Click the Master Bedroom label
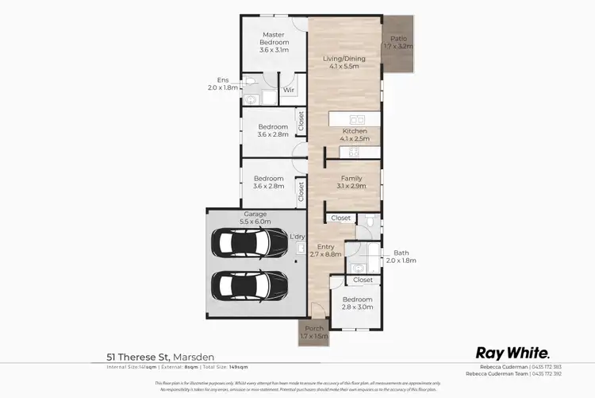(274, 42)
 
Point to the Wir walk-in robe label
(289, 91)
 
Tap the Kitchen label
(354, 135)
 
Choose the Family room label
(352, 183)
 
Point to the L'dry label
(297, 237)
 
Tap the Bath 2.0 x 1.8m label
(401, 256)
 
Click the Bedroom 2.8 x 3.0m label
(357, 302)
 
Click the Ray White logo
(512, 353)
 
